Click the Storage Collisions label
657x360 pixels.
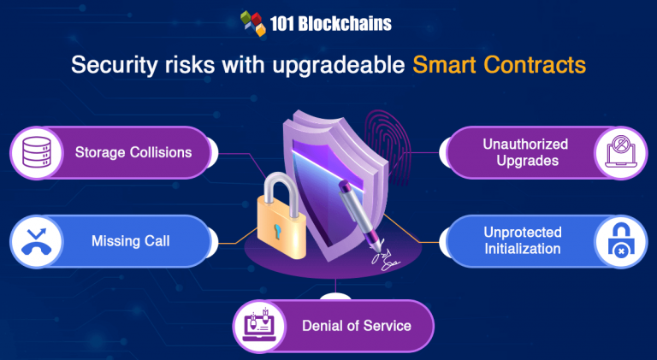pyautogui.click(x=133, y=153)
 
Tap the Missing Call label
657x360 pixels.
pyautogui.click(x=130, y=241)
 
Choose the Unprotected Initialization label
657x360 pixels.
pyautogui.click(x=522, y=240)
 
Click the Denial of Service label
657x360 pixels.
pyautogui.click(x=356, y=326)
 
